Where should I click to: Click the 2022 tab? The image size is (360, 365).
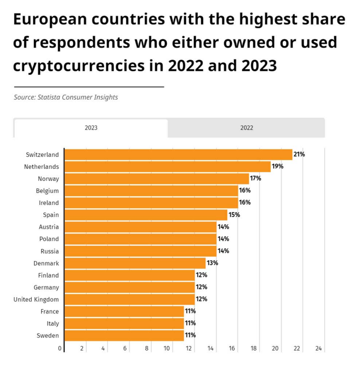pyautogui.click(x=246, y=128)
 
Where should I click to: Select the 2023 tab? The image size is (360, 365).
pyautogui.click(x=91, y=128)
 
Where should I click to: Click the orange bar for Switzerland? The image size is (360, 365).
pyautogui.click(x=178, y=154)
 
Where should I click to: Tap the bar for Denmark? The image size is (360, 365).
pyautogui.click(x=135, y=263)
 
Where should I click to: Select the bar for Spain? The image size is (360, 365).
pyautogui.click(x=146, y=215)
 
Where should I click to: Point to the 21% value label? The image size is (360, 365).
pyautogui.click(x=299, y=154)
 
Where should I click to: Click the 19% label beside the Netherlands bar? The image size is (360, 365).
pyautogui.click(x=277, y=166)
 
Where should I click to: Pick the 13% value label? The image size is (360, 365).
pyautogui.click(x=212, y=263)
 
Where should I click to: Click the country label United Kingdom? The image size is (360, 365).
pyautogui.click(x=36, y=300)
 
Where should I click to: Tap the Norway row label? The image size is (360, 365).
pyautogui.click(x=48, y=179)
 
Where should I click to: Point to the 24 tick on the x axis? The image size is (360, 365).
pyautogui.click(x=319, y=348)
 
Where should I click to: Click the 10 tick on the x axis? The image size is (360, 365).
pyautogui.click(x=167, y=348)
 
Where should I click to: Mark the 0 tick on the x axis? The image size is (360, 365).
pyautogui.click(x=60, y=348)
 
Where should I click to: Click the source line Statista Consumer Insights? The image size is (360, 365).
pyautogui.click(x=66, y=98)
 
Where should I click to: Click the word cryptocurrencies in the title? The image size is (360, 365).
pyautogui.click(x=82, y=66)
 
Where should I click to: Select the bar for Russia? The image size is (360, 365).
pyautogui.click(x=140, y=251)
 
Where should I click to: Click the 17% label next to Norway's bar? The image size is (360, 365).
pyautogui.click(x=255, y=178)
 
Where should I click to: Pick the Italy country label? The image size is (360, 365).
pyautogui.click(x=53, y=324)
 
